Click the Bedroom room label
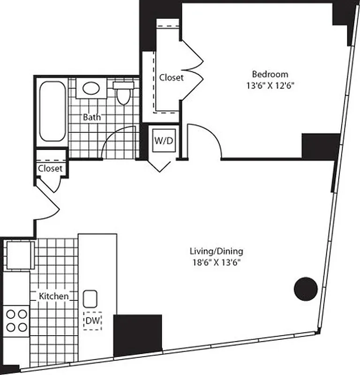tap(270, 74)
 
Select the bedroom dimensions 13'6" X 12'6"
tap(270, 85)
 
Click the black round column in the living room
tap(306, 289)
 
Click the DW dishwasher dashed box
tap(92, 321)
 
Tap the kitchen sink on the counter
tap(90, 298)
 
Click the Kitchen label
tap(53, 296)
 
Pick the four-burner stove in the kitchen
tap(16, 320)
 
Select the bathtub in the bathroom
tap(52, 111)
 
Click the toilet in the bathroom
tap(123, 93)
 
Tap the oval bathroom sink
tap(90, 88)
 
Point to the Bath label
tap(91, 117)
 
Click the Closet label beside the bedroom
tap(171, 77)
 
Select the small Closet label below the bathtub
tap(50, 168)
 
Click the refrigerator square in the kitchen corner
tap(19, 255)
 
